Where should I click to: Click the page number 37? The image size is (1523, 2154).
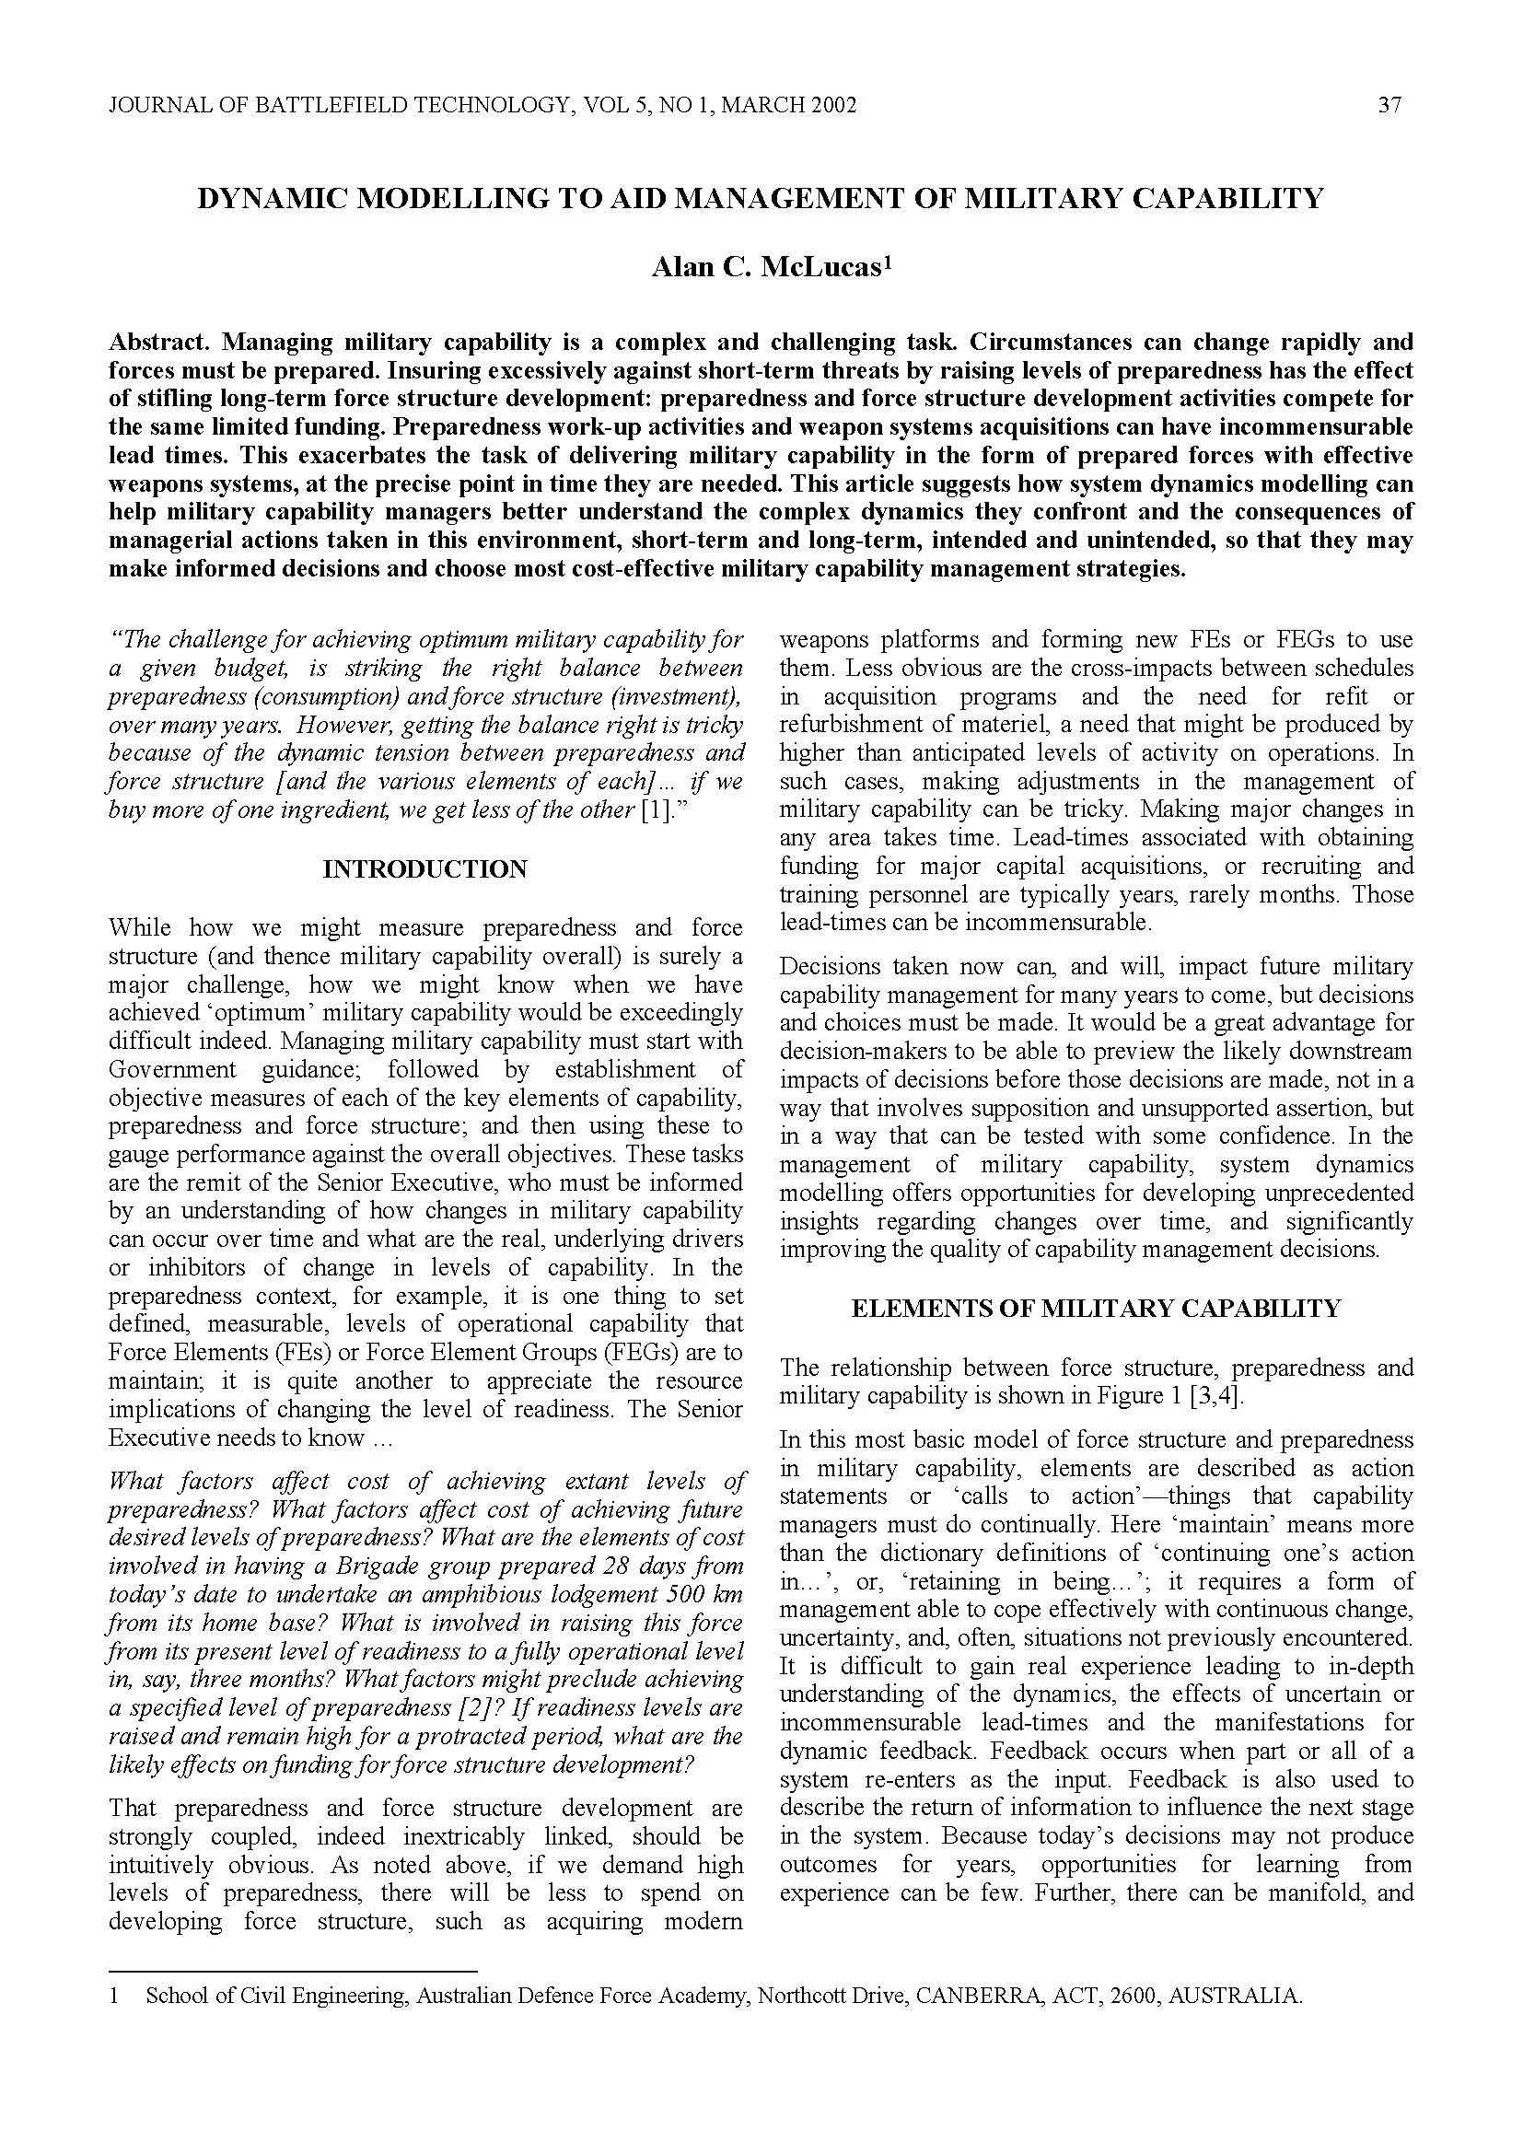point(1389,105)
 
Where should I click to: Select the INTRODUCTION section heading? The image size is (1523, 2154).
point(424,869)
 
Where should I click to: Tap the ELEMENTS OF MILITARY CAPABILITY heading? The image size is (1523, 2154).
point(1096,1309)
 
